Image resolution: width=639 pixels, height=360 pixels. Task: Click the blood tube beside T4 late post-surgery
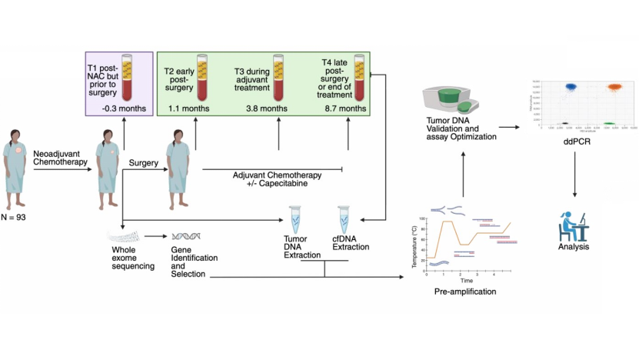358,75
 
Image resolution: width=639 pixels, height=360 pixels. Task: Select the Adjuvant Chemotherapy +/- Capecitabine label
271,179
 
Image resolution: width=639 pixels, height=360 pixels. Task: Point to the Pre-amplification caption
465,292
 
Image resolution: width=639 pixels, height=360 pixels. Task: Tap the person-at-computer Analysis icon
572,224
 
